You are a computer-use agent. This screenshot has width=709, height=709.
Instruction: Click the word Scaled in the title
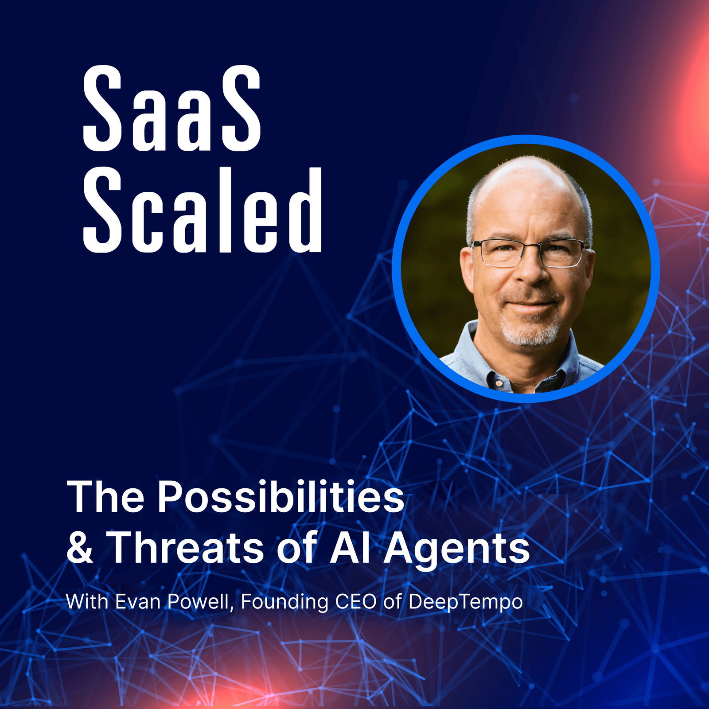[202, 211]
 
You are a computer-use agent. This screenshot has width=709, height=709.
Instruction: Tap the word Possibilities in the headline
[281, 497]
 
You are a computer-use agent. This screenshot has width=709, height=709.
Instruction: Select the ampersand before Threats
[80, 548]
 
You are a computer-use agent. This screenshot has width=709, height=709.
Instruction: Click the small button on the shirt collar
[498, 382]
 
